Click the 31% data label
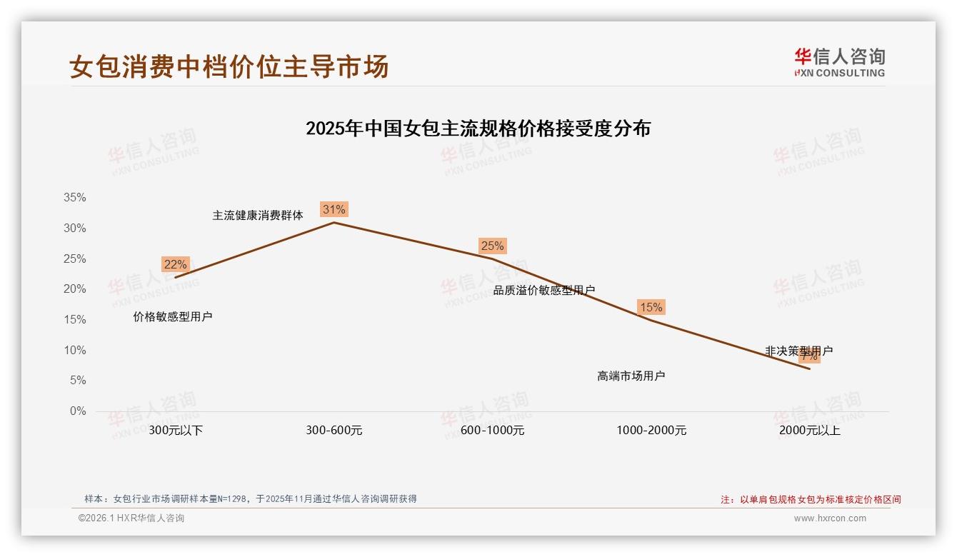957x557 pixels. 334,209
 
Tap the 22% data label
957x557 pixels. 175,264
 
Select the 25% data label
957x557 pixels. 492,246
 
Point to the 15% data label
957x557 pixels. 651,307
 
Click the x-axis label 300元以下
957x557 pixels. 176,431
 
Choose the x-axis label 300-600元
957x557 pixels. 334,431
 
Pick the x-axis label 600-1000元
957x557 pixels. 493,431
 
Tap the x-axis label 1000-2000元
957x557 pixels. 651,431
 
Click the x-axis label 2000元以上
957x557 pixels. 810,431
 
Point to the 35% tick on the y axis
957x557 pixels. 74,198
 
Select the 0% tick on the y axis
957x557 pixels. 78,411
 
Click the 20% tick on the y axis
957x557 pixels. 74,289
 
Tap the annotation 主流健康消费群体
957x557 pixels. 258,215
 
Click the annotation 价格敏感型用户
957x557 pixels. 173,316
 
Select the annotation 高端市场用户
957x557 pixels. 631,376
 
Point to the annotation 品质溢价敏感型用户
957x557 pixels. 544,290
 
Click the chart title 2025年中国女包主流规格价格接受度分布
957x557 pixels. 478,129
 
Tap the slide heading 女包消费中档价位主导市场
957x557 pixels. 229,66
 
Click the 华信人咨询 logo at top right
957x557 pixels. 839,62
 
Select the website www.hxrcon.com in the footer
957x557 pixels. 830,518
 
